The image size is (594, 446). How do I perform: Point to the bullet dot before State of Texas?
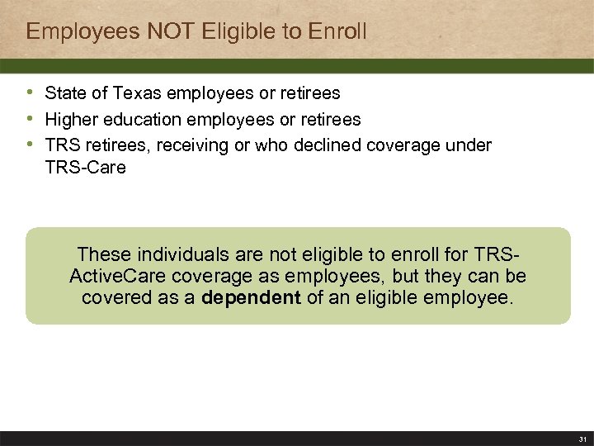(x=31, y=93)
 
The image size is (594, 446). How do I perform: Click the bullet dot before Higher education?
(x=31, y=119)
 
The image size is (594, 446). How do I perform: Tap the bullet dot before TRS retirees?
(x=31, y=145)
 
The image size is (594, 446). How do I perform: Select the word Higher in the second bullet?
(x=69, y=120)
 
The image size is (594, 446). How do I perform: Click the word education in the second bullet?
(x=134, y=120)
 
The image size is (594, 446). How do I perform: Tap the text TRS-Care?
(x=86, y=168)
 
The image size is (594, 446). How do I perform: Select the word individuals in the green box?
(x=176, y=254)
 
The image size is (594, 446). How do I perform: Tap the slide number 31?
(x=582, y=439)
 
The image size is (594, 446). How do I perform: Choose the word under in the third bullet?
(x=470, y=145)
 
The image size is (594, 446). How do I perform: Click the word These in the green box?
(x=101, y=254)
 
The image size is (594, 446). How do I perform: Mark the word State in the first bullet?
(x=64, y=93)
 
